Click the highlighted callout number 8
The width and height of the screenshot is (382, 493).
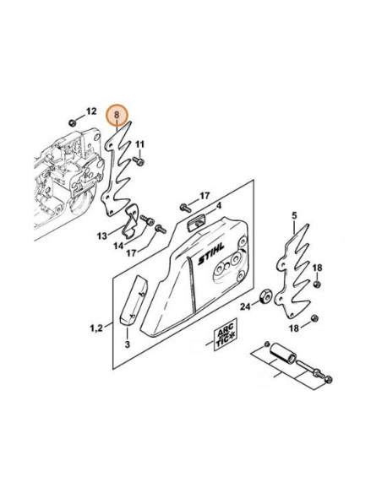pyautogui.click(x=117, y=115)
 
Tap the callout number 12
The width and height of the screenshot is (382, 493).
pyautogui.click(x=91, y=111)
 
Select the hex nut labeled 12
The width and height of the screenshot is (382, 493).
pyautogui.click(x=73, y=122)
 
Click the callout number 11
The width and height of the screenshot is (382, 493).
pyautogui.click(x=139, y=144)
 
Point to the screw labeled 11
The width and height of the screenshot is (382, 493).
pyautogui.click(x=139, y=161)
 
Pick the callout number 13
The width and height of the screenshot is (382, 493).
pyautogui.click(x=102, y=236)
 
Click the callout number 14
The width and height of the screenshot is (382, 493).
pyautogui.click(x=118, y=246)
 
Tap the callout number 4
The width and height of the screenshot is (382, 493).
pyautogui.click(x=219, y=206)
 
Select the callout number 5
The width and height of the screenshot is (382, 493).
pyautogui.click(x=294, y=216)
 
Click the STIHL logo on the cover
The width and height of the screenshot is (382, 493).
pyautogui.click(x=211, y=254)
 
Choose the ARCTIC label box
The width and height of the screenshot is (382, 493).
pyautogui.click(x=226, y=339)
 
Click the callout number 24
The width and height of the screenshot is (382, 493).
pyautogui.click(x=245, y=306)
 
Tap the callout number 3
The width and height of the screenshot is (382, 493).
pyautogui.click(x=127, y=344)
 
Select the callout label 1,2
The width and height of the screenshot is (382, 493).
pyautogui.click(x=96, y=328)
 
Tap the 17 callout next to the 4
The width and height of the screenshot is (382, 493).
pyautogui.click(x=205, y=196)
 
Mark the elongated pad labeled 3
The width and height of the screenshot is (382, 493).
pyautogui.click(x=133, y=301)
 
